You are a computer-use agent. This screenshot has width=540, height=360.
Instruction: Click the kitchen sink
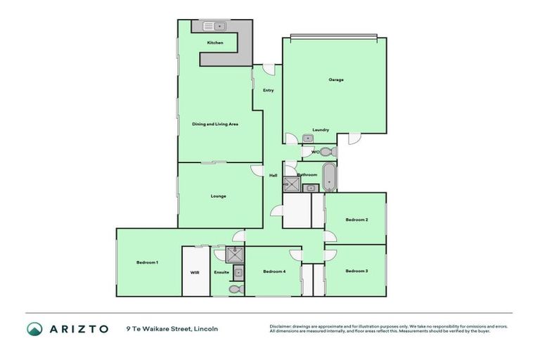[x=213, y=27]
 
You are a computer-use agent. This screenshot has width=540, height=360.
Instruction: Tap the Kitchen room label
[x=215, y=43]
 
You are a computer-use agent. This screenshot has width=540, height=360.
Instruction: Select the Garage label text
[x=336, y=79]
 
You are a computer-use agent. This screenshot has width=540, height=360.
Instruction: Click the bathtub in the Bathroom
[x=329, y=176]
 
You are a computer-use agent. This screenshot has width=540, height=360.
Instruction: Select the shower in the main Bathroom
[x=291, y=185]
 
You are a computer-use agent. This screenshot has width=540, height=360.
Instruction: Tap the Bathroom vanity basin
[x=311, y=187]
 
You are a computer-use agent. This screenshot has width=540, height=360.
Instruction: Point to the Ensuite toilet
[x=235, y=288]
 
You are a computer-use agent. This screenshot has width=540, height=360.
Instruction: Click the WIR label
[x=195, y=272]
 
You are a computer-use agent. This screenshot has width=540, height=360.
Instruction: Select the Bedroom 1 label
[x=148, y=262]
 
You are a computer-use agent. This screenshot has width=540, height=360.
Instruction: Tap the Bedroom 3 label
[x=356, y=271]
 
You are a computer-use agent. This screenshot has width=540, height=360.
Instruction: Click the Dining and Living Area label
[x=215, y=124]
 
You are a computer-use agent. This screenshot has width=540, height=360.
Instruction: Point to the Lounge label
[x=218, y=195]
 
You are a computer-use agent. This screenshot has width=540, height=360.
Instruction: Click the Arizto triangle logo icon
[x=34, y=329]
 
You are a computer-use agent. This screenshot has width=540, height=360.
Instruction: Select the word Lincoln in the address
[x=205, y=328]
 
